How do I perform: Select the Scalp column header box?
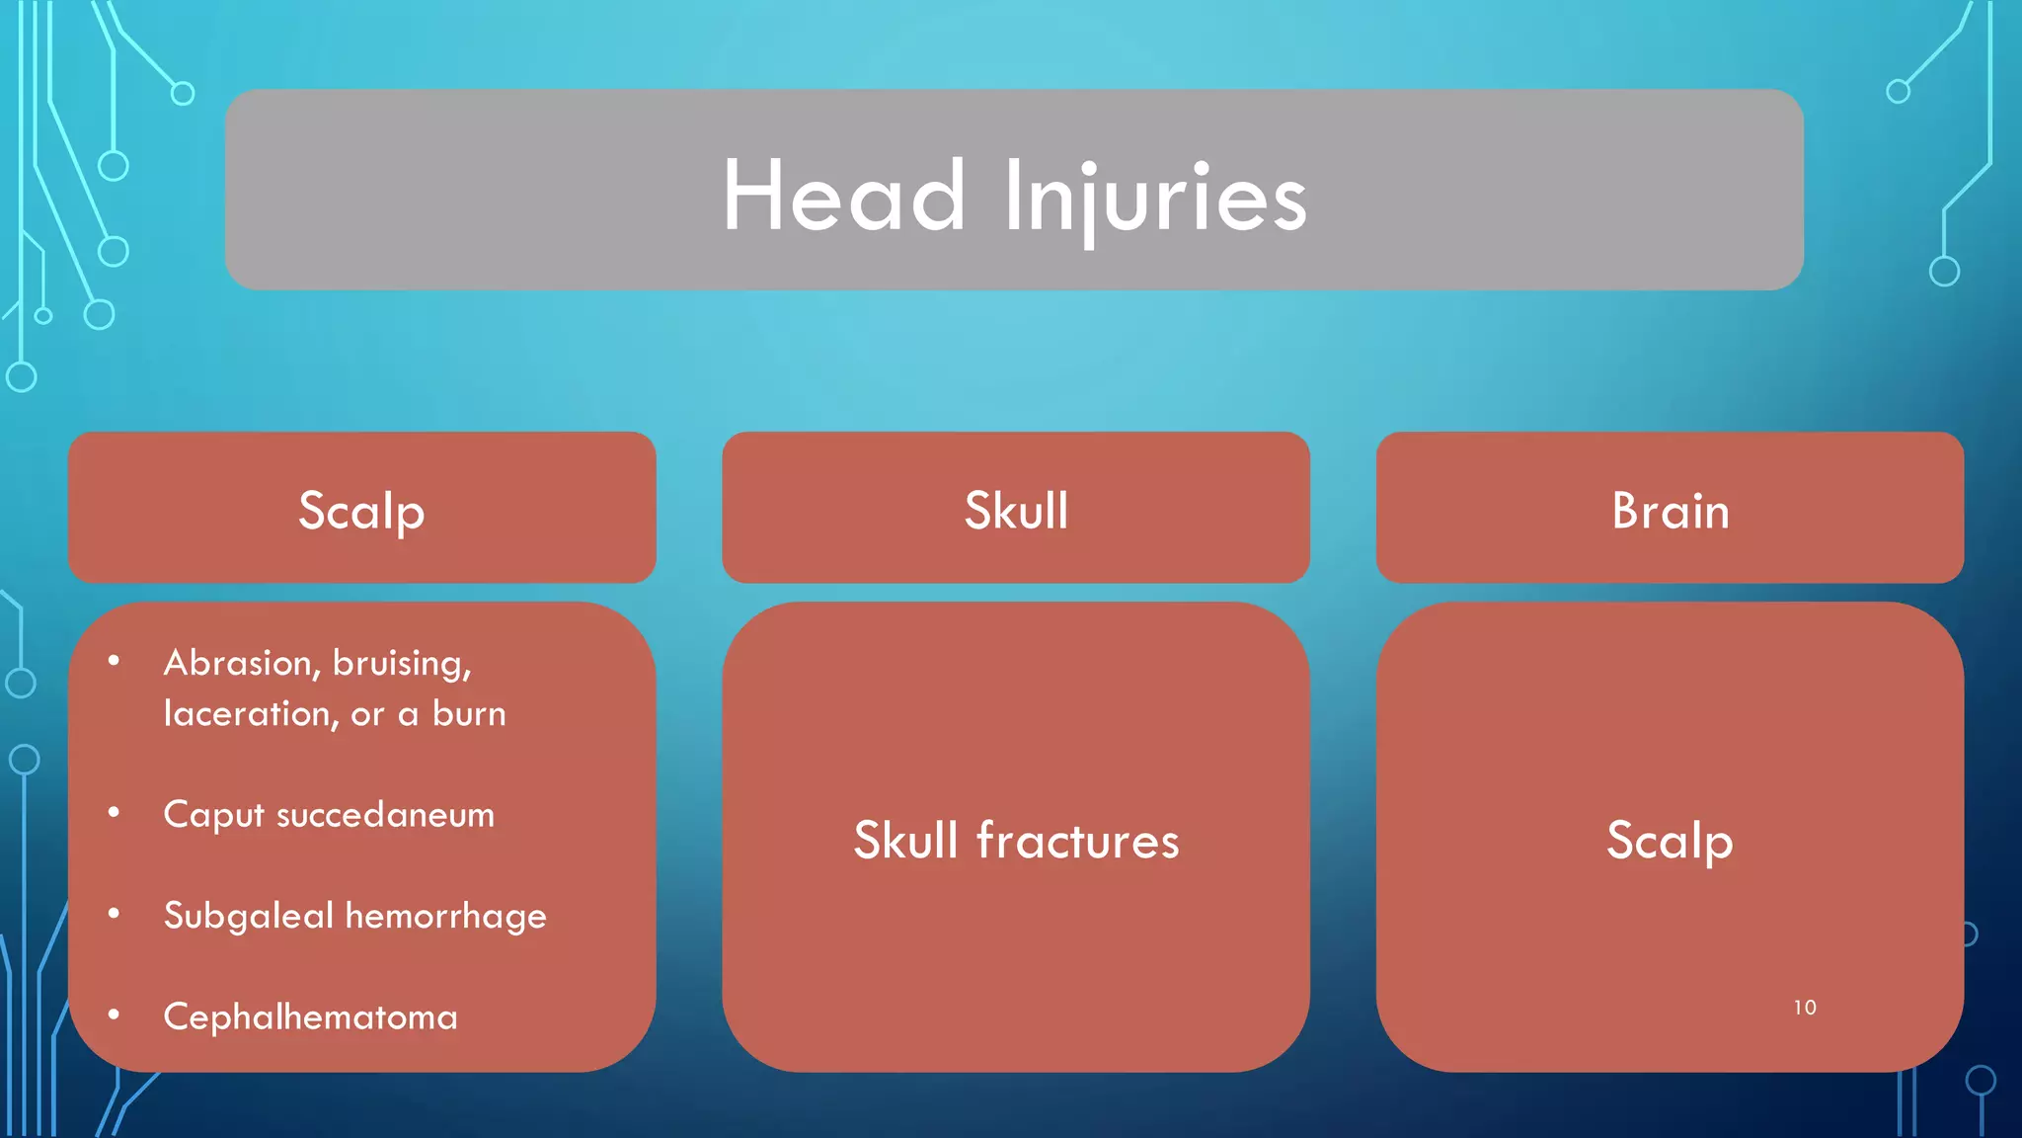[x=361, y=509]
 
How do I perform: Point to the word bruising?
[x=402, y=664]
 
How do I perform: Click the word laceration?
[x=251, y=713]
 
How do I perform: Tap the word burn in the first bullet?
[x=469, y=714]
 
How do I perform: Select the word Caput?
[x=213, y=816]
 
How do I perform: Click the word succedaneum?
[x=385, y=815]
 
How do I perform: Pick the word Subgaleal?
[x=249, y=917]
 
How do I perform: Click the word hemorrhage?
[x=446, y=917]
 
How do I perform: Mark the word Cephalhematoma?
[x=310, y=1017]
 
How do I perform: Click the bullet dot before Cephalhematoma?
[x=115, y=1015]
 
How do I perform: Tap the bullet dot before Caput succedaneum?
[x=115, y=812]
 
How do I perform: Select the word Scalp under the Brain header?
[x=1670, y=841]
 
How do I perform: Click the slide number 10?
[x=1805, y=1008]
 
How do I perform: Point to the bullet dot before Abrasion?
[x=115, y=660]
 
